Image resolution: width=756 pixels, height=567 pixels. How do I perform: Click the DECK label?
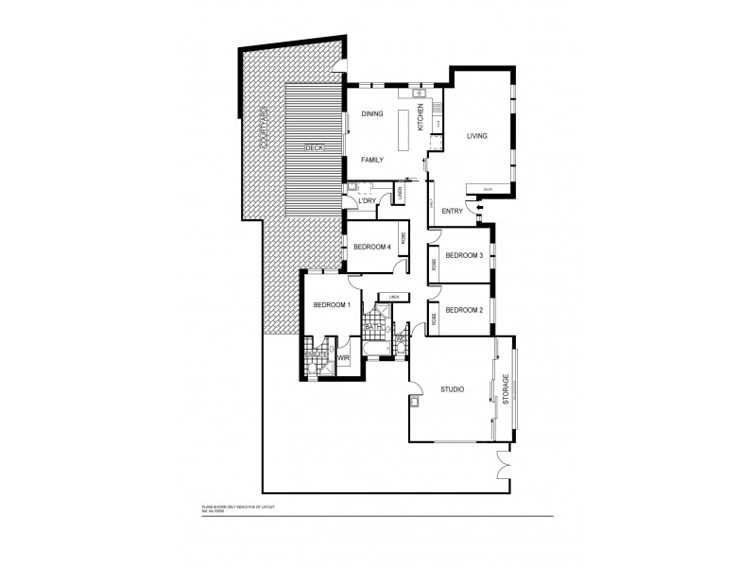click(x=315, y=148)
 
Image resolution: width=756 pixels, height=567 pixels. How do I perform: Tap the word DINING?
click(x=371, y=114)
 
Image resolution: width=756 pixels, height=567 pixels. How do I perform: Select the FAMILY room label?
click(x=372, y=160)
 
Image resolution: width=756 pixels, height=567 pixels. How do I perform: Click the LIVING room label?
click(x=477, y=137)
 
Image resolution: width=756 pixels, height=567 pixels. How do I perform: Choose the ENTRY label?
click(x=452, y=211)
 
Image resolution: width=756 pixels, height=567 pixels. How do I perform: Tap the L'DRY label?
click(x=368, y=201)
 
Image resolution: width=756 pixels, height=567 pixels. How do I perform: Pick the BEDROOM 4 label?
click(x=372, y=248)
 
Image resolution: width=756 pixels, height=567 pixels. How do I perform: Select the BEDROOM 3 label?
click(x=465, y=255)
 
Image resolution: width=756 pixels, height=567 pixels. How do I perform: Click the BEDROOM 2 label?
click(x=465, y=310)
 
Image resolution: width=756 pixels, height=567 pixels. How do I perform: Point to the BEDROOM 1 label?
click(x=332, y=304)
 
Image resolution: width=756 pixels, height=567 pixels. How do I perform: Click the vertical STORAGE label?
click(x=507, y=389)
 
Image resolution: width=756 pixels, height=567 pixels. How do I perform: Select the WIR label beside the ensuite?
click(x=344, y=359)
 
